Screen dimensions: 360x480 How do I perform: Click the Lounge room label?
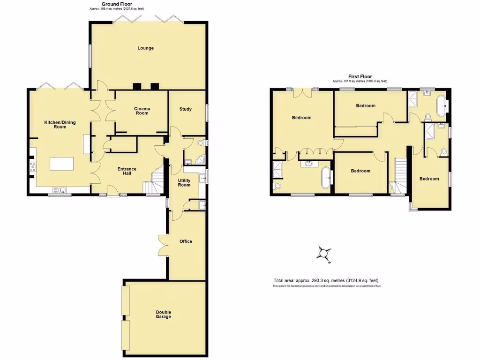coord(145,48)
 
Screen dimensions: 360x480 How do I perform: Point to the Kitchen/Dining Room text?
coord(60,125)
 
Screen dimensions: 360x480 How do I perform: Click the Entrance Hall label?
coord(127,171)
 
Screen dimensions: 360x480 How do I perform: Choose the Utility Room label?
coord(184,182)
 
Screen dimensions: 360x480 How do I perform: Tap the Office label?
coord(186,241)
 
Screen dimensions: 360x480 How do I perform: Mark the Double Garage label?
coord(164,315)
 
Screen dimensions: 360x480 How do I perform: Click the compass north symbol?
coord(323,254)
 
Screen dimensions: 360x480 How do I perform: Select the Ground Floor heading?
coord(117,4)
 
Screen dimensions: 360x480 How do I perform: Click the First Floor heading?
coord(360,76)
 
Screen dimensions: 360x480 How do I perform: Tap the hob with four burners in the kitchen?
coord(33,167)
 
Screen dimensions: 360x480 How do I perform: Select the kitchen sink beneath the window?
coord(60,190)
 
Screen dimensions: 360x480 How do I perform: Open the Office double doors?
coord(163,245)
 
